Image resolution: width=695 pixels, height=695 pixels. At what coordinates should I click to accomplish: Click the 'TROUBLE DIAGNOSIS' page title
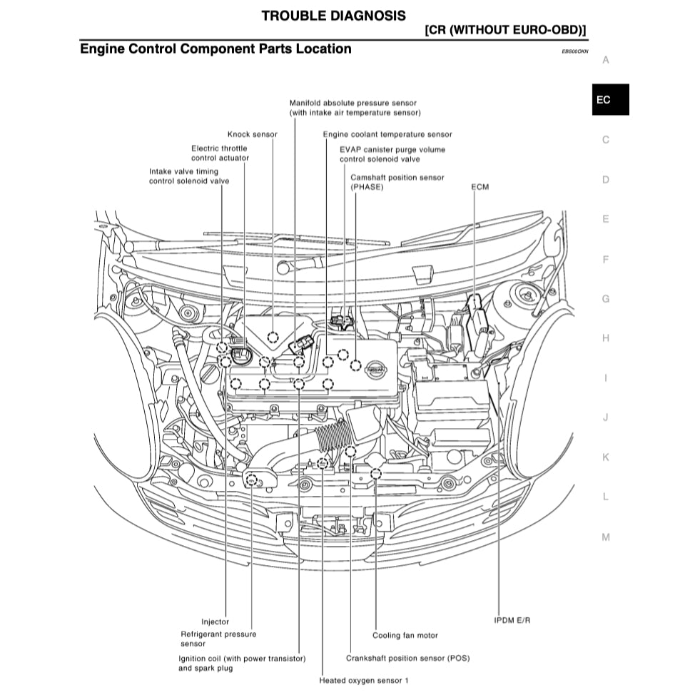[x=333, y=15]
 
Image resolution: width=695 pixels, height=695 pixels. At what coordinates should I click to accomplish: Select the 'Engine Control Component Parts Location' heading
[x=215, y=49]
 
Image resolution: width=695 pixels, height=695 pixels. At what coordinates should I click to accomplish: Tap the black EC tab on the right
[x=603, y=100]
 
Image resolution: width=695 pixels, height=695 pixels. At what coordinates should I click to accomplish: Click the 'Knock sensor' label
[x=252, y=134]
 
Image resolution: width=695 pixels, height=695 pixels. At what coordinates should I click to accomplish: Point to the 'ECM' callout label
[x=480, y=187]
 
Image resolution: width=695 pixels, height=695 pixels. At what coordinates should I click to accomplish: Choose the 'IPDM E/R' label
[x=512, y=620]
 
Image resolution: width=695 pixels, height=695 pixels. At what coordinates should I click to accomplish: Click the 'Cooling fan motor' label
[x=405, y=635]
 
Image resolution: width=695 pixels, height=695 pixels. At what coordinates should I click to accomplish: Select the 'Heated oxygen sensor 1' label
[x=364, y=681]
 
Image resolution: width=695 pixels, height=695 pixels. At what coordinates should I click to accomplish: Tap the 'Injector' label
[x=215, y=622]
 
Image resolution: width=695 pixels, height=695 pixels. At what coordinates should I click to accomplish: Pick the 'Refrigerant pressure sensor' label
[x=218, y=639]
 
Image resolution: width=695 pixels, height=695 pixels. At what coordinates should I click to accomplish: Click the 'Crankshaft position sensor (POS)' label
[x=407, y=658]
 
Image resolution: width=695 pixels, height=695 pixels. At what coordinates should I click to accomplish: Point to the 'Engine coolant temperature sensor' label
[x=387, y=134]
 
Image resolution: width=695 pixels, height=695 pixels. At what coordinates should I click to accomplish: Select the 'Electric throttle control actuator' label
[x=220, y=153]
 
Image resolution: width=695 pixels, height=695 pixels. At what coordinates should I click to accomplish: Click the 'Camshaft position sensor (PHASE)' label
[x=397, y=182]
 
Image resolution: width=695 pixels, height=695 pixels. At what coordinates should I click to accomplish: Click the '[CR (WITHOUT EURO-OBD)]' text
[x=504, y=30]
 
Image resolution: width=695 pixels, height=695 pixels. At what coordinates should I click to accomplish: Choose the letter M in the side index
[x=605, y=537]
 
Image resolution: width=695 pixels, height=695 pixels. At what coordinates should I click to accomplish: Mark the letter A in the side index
[x=605, y=60]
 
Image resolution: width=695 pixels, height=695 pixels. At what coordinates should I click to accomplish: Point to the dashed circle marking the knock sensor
[x=273, y=336]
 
